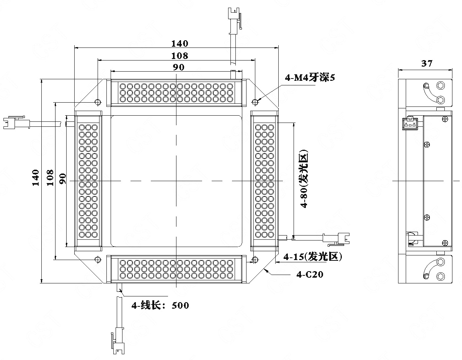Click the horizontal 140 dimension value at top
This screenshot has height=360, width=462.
coord(180,44)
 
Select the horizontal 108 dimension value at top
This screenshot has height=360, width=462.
coord(180,56)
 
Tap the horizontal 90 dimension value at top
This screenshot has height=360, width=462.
coord(179,67)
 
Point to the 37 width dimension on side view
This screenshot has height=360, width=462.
coord(427,63)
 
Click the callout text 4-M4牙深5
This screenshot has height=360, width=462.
coord(310,78)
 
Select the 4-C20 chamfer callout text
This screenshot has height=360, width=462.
coord(310,275)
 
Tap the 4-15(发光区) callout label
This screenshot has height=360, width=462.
coord(313,257)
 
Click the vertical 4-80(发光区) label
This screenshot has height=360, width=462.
coord(304,178)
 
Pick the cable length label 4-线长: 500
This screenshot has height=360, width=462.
coord(160,305)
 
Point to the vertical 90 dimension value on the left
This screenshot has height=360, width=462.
coord(63,178)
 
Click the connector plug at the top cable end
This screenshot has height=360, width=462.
coord(235,21)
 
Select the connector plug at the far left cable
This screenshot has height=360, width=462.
coord(17,123)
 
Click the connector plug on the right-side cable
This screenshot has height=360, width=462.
coord(336,240)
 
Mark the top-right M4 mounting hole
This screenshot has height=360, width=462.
coord(255,102)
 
